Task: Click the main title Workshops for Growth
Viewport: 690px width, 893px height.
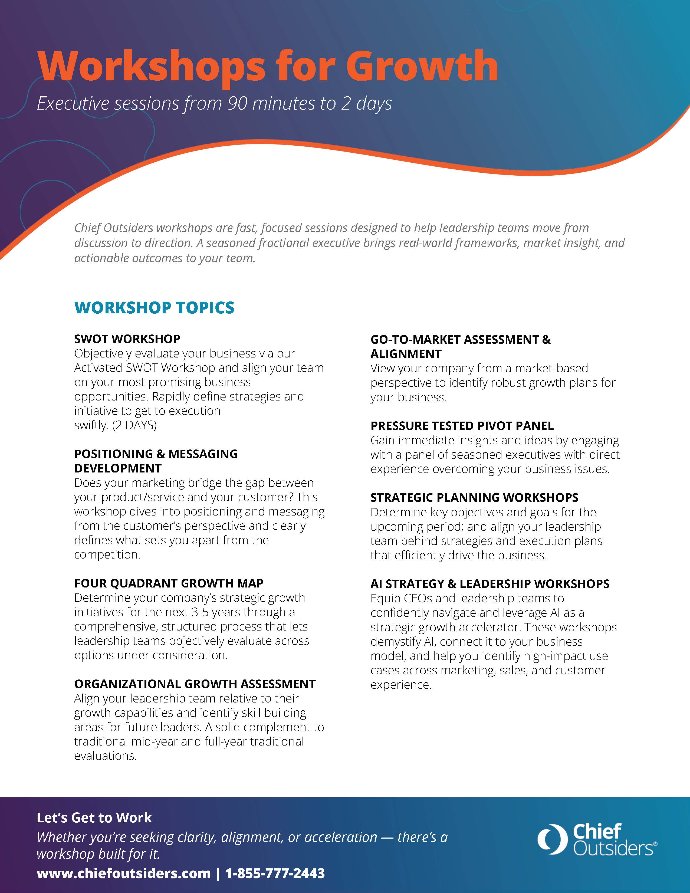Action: (x=268, y=66)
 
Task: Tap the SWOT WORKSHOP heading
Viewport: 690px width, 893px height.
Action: (x=127, y=339)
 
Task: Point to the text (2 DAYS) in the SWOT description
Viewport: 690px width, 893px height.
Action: (x=134, y=425)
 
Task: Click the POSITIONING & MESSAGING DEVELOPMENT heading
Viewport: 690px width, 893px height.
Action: (x=156, y=461)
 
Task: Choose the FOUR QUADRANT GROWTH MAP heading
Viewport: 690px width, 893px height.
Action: (x=169, y=583)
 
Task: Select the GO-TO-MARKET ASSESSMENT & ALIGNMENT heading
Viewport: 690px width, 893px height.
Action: (x=460, y=346)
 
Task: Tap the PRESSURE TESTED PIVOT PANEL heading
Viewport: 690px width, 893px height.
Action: (x=462, y=426)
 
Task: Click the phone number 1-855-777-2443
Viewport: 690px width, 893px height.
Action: (x=275, y=873)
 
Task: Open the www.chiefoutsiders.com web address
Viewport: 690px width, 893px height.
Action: (x=123, y=873)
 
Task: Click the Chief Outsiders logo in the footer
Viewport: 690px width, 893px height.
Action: (x=597, y=839)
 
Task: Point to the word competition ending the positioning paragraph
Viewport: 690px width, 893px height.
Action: (x=107, y=554)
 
